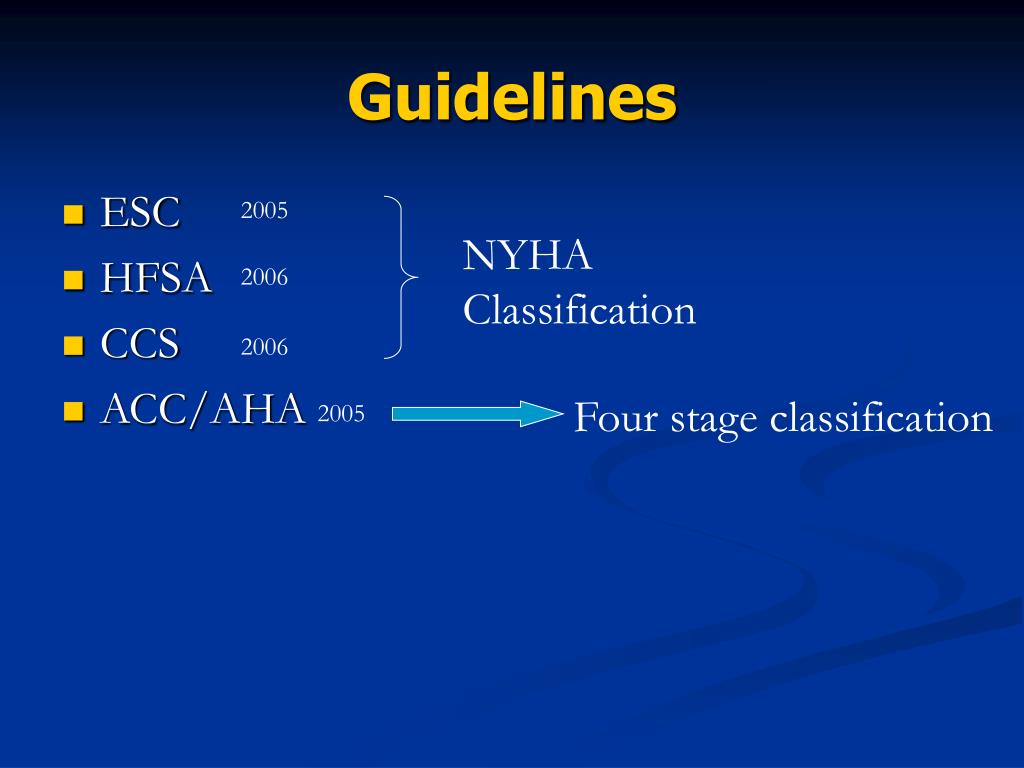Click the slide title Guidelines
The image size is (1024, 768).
(512, 97)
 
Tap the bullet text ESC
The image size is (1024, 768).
(140, 212)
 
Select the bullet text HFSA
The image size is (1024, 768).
(156, 278)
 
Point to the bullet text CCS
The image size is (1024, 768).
(139, 345)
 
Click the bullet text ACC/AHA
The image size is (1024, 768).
(203, 409)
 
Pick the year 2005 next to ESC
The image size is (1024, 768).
(264, 211)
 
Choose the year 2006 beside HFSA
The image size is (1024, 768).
(264, 278)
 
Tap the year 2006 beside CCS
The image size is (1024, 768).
(264, 347)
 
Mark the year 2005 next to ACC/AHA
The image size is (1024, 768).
(341, 414)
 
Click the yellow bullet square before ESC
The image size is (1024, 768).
(72, 215)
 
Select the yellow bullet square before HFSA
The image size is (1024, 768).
(72, 281)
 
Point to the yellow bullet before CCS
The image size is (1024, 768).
(72, 347)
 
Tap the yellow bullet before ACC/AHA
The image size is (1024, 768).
(72, 411)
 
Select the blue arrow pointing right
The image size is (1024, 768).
(475, 414)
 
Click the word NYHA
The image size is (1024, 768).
(528, 256)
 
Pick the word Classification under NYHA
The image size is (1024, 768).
(579, 310)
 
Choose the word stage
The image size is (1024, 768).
(714, 419)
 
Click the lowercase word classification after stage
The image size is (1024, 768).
(881, 417)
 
